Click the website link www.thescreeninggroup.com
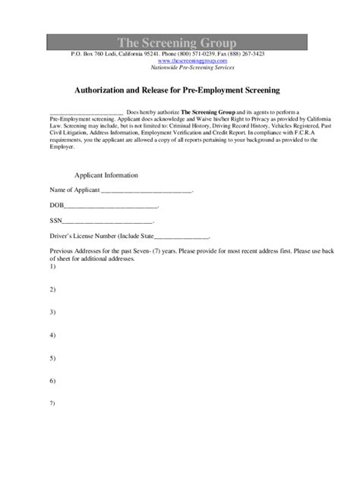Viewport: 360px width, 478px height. point(179,61)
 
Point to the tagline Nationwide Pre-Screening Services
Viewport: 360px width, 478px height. point(179,67)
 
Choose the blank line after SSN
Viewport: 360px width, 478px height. point(107,222)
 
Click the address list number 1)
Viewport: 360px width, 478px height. point(53,266)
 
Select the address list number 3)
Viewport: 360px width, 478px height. point(53,312)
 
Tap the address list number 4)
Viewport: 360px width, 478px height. point(53,335)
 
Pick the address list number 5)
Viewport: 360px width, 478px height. point(53,357)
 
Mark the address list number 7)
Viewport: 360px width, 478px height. point(53,402)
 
